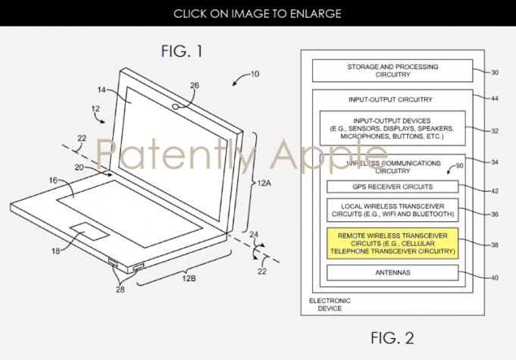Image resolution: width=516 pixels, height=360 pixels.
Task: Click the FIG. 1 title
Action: [x=182, y=51]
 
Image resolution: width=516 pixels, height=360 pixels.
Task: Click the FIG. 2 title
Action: [x=392, y=338]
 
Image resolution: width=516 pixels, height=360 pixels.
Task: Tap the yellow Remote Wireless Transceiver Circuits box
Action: [x=392, y=243]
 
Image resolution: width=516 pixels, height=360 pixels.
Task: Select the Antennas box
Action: [x=392, y=273]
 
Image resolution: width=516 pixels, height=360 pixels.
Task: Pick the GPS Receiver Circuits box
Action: [x=392, y=186]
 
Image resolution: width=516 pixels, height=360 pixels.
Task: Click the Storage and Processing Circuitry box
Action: [x=392, y=70]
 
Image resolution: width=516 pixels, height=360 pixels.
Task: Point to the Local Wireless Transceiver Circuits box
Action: [x=392, y=210]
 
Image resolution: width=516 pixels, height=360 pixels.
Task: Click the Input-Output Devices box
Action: [x=392, y=128]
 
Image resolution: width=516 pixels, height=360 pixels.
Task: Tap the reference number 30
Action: [x=495, y=73]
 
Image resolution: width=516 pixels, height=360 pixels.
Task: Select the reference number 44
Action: [x=495, y=99]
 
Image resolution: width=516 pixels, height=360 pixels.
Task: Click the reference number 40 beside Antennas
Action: [x=495, y=277]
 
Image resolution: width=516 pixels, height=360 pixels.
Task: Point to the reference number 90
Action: [x=459, y=165]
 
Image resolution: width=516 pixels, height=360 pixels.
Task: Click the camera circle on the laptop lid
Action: [x=176, y=106]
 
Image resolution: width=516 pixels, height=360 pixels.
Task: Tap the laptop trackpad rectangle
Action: [x=89, y=231]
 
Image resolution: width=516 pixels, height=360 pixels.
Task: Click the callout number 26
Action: [x=195, y=85]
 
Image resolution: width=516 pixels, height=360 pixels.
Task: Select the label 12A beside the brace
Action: [x=264, y=183]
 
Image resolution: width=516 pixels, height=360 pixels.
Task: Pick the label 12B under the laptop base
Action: [x=189, y=278]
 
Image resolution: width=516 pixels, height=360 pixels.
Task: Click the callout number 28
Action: [x=120, y=290]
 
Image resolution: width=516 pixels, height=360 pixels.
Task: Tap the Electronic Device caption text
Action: [x=330, y=305]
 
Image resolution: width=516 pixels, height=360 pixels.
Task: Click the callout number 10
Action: [x=255, y=74]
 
